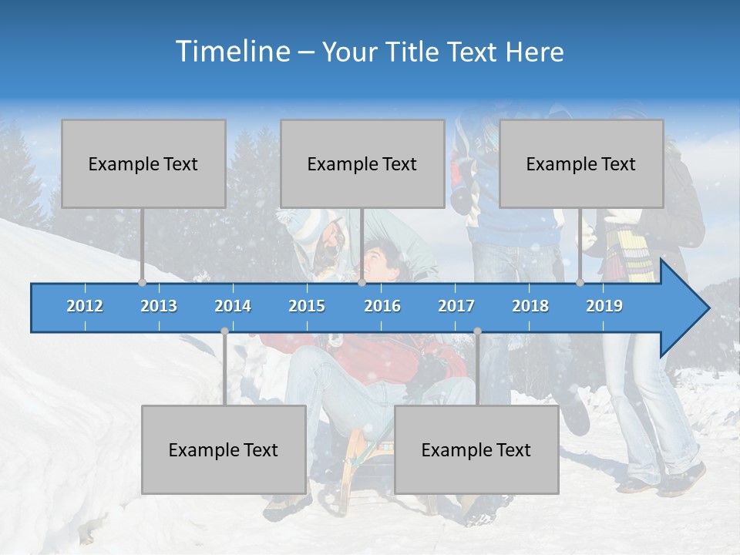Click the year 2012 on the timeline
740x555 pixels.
[x=85, y=306]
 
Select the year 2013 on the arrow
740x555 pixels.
[x=159, y=306]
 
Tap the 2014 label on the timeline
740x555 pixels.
[x=233, y=306]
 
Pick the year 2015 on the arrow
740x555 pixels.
[x=307, y=306]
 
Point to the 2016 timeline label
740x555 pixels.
[x=382, y=306]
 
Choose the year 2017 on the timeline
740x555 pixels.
[x=456, y=306]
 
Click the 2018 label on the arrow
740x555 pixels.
[x=530, y=306]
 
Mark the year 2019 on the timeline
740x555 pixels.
[x=604, y=306]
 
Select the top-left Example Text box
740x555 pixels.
[x=143, y=163]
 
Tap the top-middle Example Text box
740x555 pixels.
[x=362, y=163]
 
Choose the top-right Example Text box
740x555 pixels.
[x=581, y=163]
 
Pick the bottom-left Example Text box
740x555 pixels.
[x=224, y=449]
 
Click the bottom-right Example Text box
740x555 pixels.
[x=476, y=449]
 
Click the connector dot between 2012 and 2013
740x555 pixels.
[x=142, y=283]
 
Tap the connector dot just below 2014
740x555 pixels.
[x=224, y=331]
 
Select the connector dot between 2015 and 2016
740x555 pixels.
[x=362, y=283]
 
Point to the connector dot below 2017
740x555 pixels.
[x=477, y=331]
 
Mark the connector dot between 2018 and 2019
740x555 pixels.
[x=580, y=283]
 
